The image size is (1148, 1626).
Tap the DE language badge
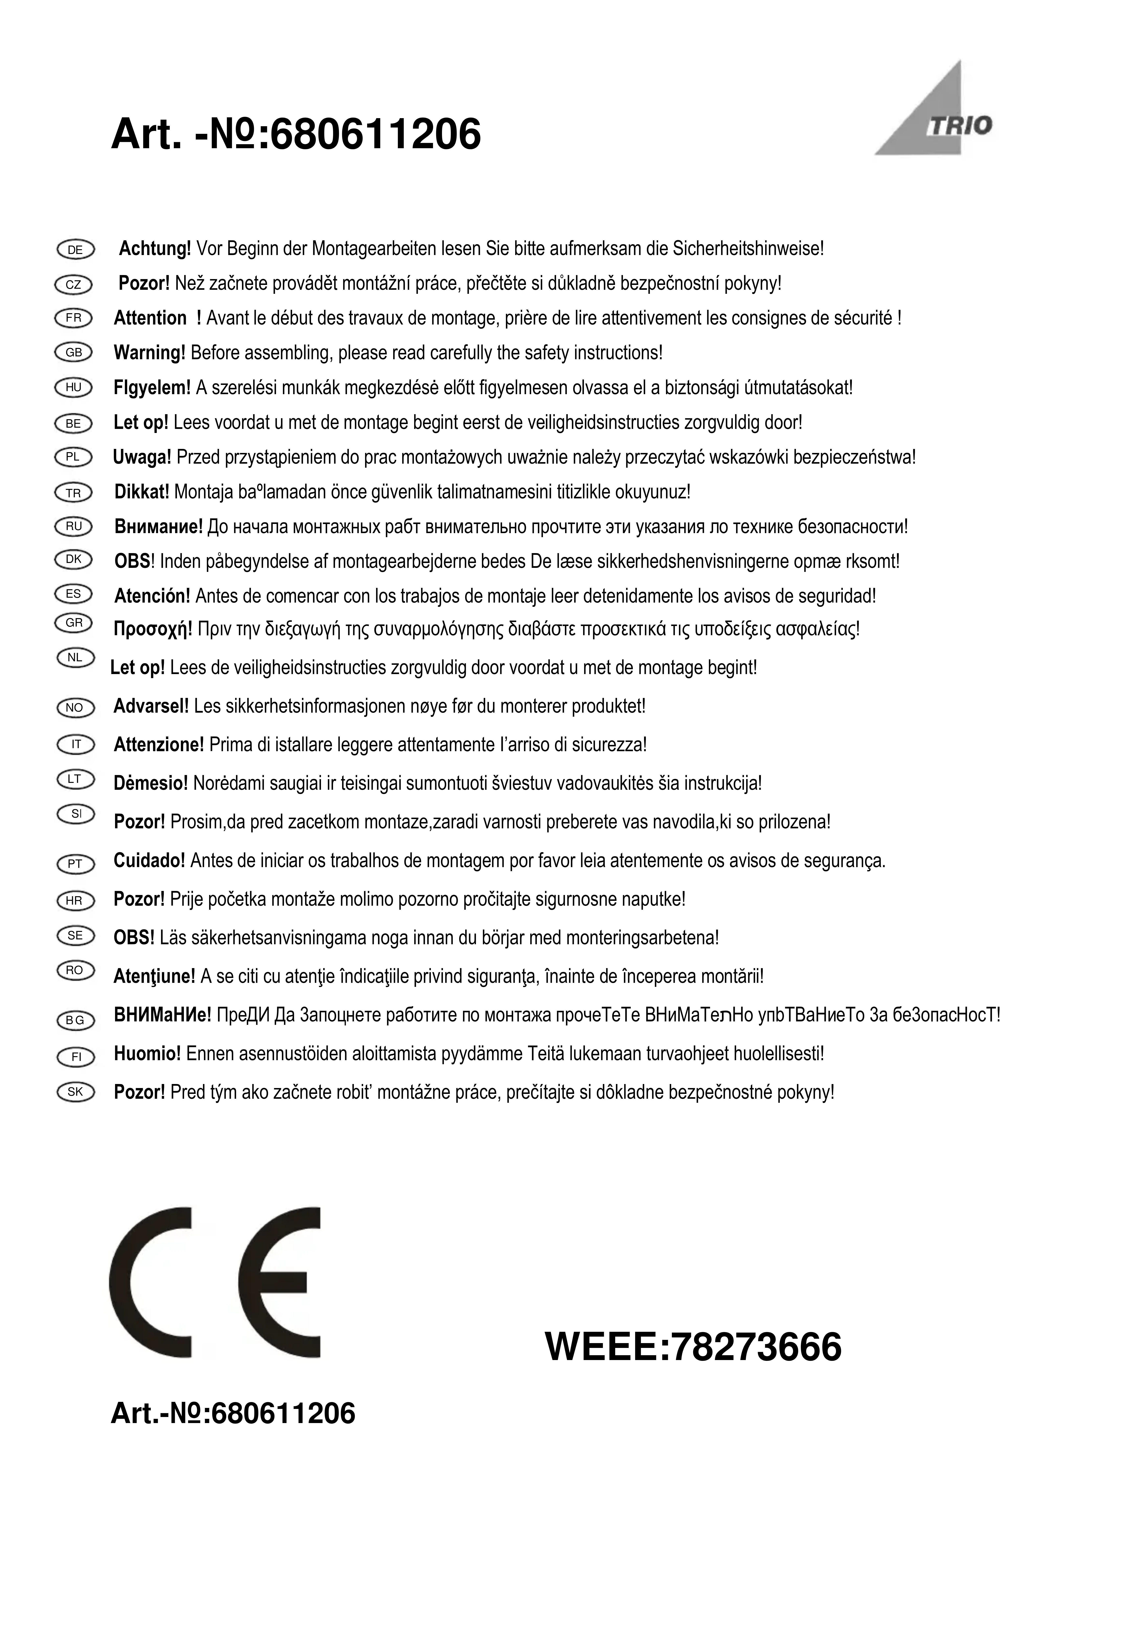click(x=74, y=249)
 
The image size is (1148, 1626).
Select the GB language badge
click(x=74, y=353)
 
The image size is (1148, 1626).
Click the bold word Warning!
click(x=149, y=353)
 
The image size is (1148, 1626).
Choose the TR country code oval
click(x=74, y=493)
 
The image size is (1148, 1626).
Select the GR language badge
click(x=74, y=623)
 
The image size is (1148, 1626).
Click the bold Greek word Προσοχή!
click(x=153, y=629)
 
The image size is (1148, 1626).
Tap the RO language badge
click(x=74, y=970)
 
